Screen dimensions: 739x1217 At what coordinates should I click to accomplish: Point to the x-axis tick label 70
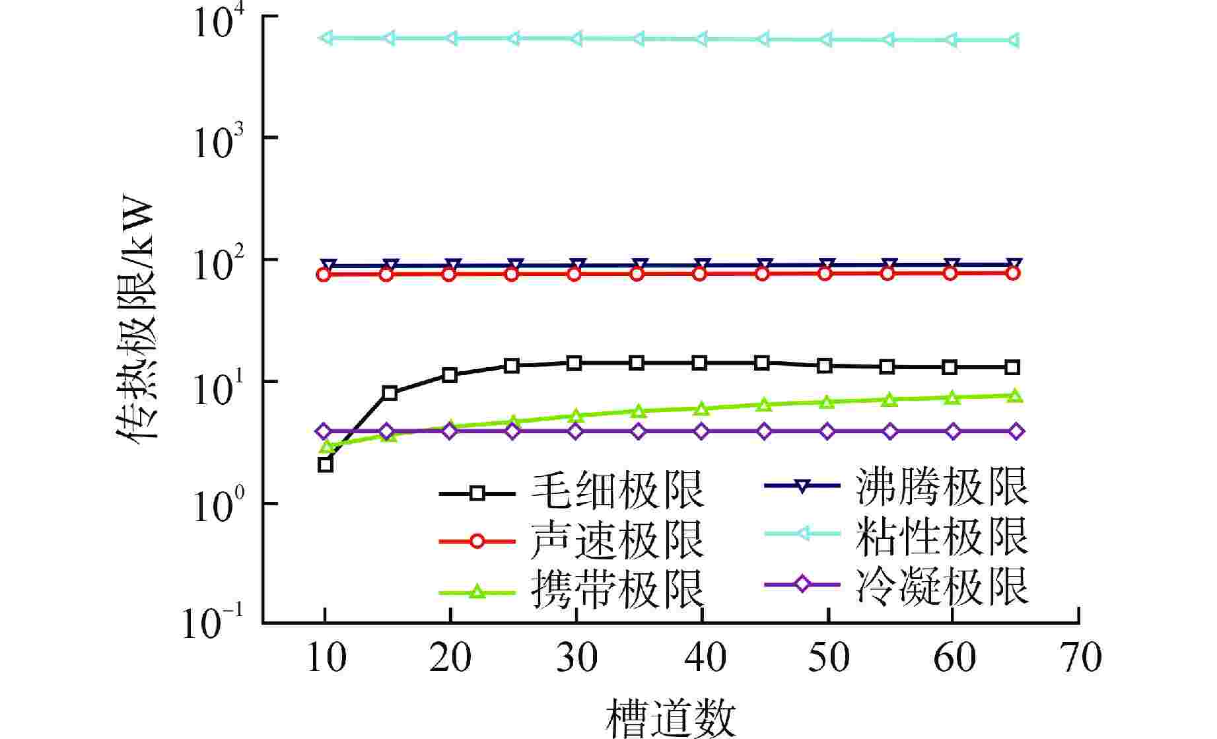[x=1078, y=658]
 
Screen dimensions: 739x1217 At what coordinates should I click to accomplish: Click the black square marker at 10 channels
[x=325, y=465]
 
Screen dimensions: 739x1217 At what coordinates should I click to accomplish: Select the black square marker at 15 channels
[x=390, y=393]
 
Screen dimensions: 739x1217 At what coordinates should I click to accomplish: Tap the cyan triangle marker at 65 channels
[x=1014, y=41]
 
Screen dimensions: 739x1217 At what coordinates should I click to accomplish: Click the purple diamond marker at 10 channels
[x=324, y=432]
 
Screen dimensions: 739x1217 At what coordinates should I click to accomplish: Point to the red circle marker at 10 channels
[x=324, y=275]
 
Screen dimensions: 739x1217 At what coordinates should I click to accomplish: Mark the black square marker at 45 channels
[x=762, y=363]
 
